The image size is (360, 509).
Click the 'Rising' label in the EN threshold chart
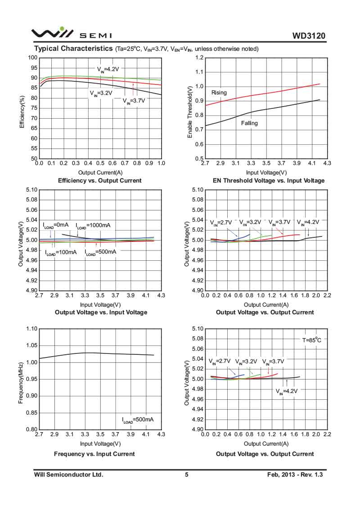click(219, 93)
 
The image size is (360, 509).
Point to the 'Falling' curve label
click(249, 123)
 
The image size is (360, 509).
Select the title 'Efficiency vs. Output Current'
click(100, 180)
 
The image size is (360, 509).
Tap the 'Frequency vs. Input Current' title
click(94, 454)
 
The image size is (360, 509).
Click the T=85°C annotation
click(311, 340)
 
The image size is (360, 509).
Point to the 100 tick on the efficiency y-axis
click(32, 58)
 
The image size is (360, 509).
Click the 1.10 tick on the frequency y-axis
click(31, 329)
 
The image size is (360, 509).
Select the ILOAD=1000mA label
click(93, 225)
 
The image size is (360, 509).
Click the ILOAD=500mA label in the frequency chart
click(138, 420)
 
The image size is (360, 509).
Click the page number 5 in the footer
click(186, 474)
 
